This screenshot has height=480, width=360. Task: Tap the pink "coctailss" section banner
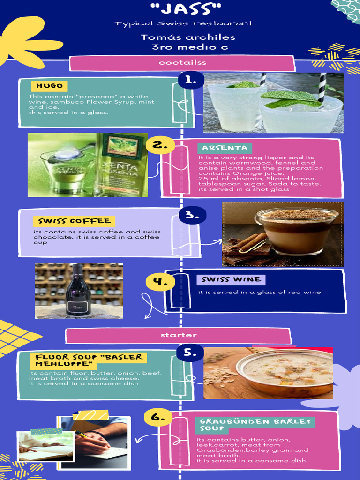182,63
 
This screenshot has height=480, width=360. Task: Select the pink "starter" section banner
178,335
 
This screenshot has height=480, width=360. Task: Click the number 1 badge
191,80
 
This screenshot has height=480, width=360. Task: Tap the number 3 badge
192,215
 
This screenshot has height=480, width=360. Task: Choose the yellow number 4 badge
160,282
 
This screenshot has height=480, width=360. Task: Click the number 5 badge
190,353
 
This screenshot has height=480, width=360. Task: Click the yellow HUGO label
49,86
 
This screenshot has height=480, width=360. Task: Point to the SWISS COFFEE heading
74,221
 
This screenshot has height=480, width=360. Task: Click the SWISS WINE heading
231,280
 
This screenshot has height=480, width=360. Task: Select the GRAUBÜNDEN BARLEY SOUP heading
255,425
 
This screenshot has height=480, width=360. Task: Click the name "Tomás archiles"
188,37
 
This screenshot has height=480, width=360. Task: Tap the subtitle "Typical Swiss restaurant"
184,23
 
